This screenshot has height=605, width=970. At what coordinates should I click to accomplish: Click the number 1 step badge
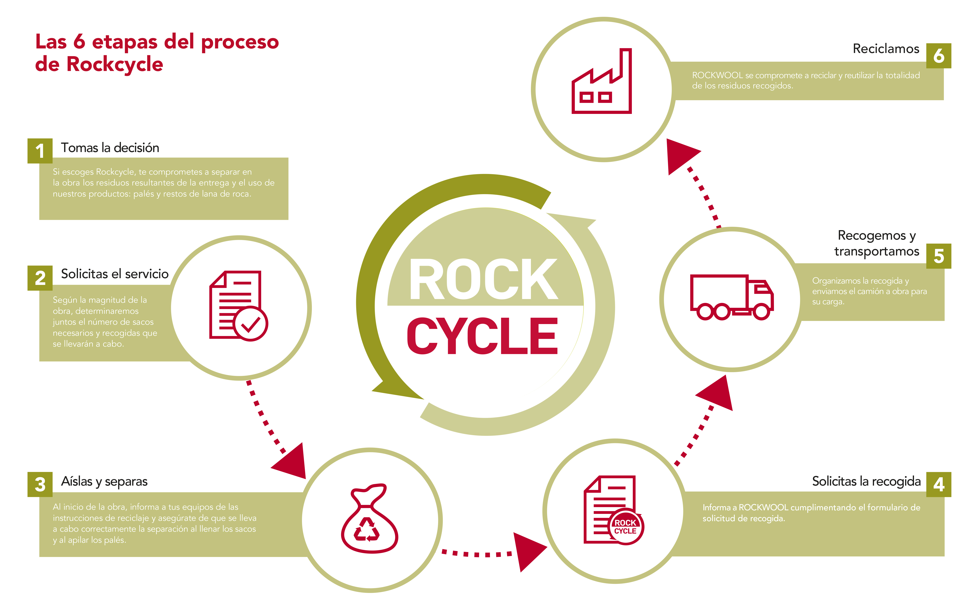40,151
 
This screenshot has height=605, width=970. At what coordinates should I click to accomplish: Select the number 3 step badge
40,484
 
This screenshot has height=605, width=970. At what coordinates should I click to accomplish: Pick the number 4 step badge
938,484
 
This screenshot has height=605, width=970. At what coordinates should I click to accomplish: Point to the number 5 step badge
938,256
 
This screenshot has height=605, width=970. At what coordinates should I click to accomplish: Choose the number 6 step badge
938,56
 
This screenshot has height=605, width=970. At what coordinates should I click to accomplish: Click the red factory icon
602,82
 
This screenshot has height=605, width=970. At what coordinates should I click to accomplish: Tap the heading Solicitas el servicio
115,274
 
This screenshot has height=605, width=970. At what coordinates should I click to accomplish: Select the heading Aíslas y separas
104,481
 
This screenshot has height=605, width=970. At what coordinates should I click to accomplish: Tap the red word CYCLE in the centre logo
483,336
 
